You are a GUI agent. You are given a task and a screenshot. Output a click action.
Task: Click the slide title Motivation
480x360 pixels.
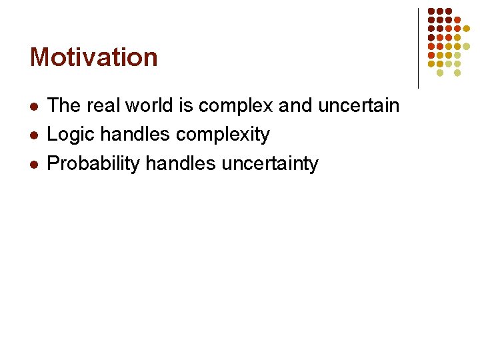click(x=94, y=57)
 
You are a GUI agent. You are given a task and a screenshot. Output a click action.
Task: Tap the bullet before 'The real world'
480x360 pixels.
click(x=34, y=106)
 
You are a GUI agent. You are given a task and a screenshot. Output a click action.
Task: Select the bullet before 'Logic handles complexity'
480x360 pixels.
click(x=34, y=135)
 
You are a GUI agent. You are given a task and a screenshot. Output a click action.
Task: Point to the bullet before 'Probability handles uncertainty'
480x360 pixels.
click(x=34, y=164)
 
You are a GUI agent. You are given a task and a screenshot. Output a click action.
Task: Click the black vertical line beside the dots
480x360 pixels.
click(x=418, y=48)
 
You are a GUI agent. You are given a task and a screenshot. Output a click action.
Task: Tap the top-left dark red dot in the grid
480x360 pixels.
click(x=431, y=11)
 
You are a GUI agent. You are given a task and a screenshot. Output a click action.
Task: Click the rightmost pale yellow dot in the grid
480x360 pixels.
click(x=466, y=46)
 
